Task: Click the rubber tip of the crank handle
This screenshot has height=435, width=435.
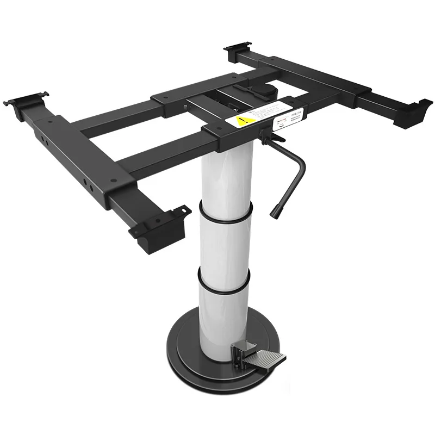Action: coord(275,210)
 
